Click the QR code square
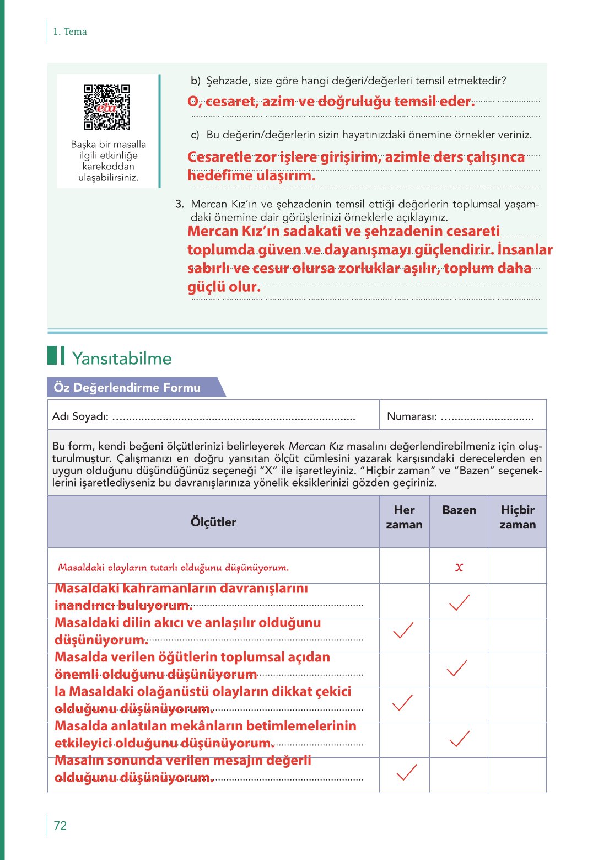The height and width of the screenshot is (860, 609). point(107,107)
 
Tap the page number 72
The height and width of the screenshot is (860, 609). point(60,825)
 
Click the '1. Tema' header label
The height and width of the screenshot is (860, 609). point(70,32)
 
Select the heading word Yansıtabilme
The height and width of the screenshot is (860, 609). point(122,359)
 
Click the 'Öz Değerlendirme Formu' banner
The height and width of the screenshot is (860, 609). point(127,388)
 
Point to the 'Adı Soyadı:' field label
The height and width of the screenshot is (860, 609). point(80,416)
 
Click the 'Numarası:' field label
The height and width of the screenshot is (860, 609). point(412,416)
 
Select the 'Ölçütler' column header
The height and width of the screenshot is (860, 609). point(213,522)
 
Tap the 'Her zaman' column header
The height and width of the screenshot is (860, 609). point(404,517)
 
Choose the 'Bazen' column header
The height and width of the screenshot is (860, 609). point(459,510)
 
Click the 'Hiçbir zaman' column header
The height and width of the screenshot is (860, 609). point(518,517)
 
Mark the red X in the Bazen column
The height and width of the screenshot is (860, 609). point(459,567)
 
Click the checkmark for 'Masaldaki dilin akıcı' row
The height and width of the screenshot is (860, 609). point(403,630)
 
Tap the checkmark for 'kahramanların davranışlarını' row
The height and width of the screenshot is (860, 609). point(459,602)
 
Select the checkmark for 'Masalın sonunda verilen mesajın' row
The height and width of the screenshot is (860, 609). point(407,772)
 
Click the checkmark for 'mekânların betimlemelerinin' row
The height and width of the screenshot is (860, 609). point(459,739)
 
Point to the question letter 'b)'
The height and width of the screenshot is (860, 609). point(196,81)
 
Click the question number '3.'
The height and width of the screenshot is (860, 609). point(180,204)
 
